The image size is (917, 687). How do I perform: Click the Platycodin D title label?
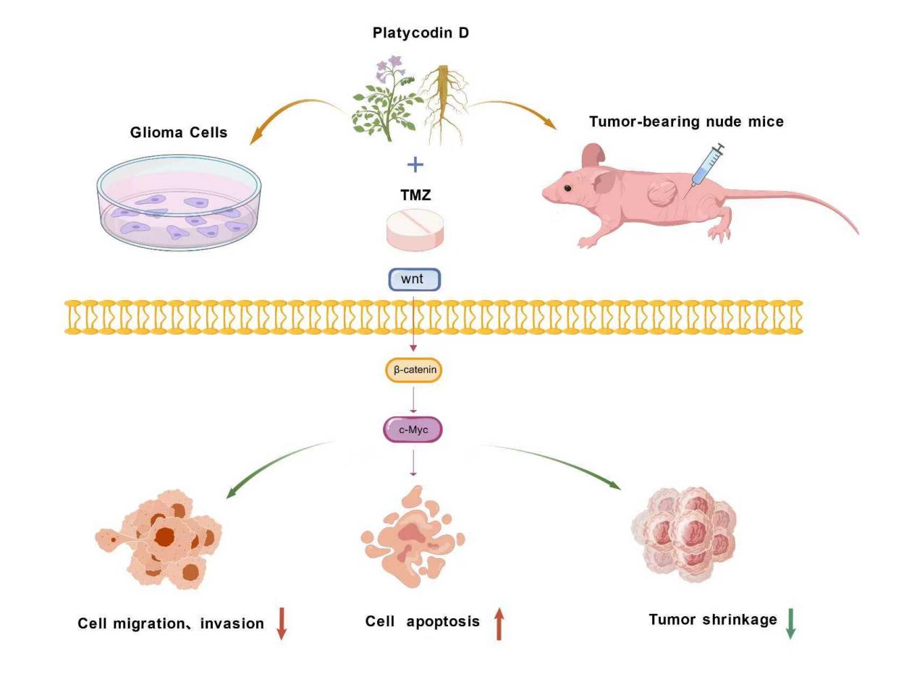[421, 33]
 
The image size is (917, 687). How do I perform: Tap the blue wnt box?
[415, 279]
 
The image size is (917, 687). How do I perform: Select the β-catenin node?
[414, 370]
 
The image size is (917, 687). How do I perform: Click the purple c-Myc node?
[413, 430]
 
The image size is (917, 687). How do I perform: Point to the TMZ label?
[415, 195]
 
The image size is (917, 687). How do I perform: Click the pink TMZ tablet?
[415, 229]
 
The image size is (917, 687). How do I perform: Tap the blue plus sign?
[415, 165]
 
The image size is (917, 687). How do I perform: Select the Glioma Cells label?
[179, 132]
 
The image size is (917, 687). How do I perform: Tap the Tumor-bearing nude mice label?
[686, 121]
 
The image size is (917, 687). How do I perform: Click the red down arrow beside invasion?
[282, 623]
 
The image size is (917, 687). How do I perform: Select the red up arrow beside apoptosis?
[499, 623]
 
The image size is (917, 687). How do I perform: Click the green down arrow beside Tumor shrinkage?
[790, 623]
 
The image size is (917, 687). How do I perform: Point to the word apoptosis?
[443, 622]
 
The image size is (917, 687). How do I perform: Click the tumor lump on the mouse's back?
[662, 194]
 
